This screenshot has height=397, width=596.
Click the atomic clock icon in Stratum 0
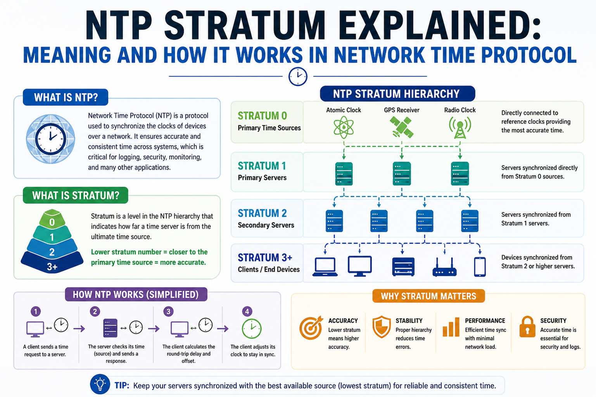(344, 127)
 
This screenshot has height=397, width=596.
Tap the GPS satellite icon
(401, 127)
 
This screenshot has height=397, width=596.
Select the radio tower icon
(460, 128)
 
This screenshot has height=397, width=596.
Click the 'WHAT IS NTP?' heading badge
(66, 97)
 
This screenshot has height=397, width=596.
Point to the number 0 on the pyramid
(52, 222)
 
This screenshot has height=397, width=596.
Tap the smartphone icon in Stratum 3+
(480, 267)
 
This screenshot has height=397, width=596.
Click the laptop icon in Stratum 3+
(325, 267)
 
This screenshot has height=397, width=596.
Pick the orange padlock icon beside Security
(527, 327)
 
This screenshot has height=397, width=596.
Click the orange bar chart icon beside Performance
(451, 327)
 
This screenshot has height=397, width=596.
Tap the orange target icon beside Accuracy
(311, 328)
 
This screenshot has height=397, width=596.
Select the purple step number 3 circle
(168, 311)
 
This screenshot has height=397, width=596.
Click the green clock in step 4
(251, 329)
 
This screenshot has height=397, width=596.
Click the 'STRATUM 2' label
(262, 213)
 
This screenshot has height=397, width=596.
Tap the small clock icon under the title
(298, 76)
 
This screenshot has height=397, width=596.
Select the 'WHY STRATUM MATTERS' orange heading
(428, 296)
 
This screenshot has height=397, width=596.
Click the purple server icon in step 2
(110, 328)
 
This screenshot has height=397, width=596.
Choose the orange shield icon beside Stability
(381, 327)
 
